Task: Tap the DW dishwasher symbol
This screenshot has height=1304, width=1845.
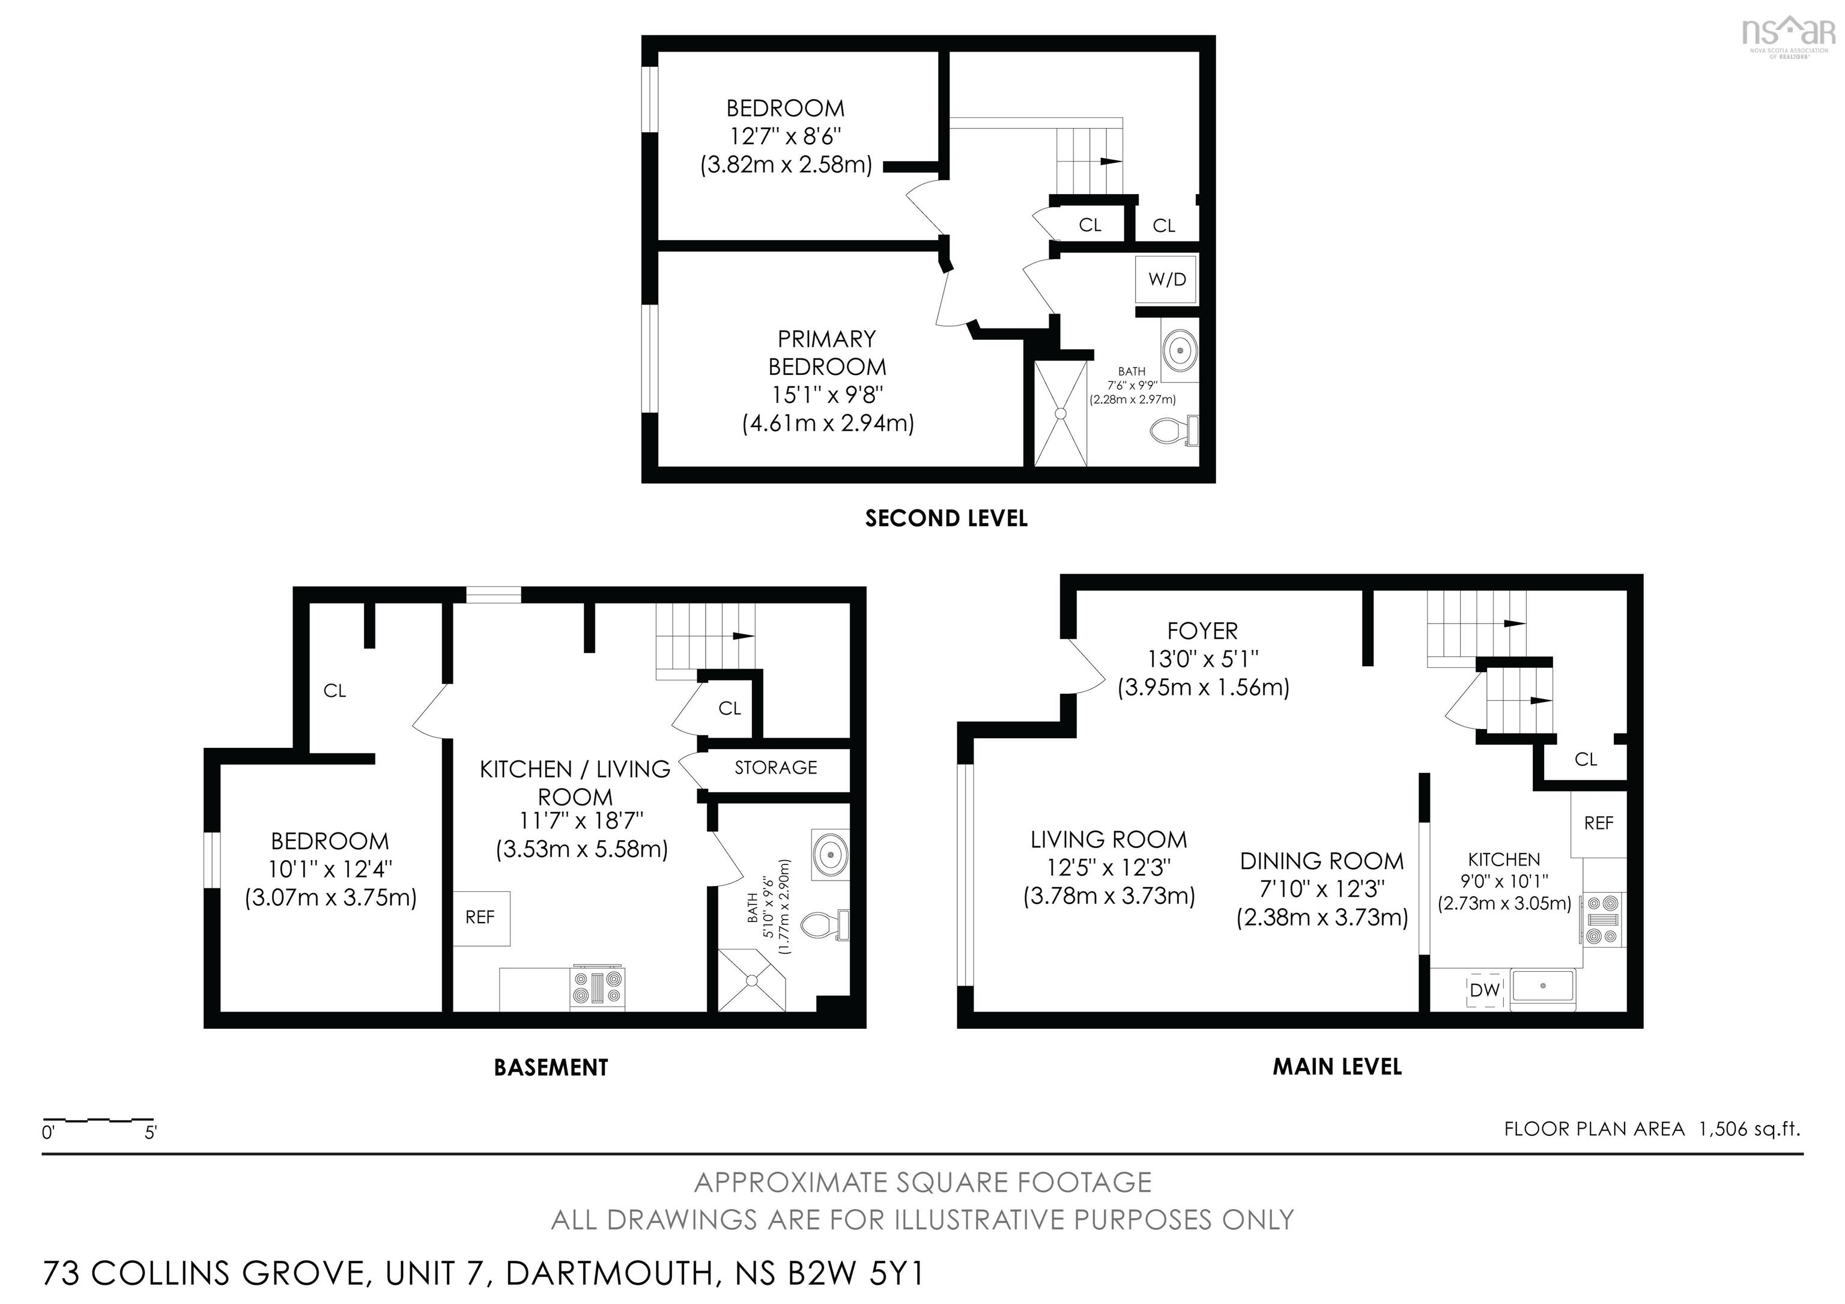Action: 1484,990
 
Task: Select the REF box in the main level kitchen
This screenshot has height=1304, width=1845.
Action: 1598,823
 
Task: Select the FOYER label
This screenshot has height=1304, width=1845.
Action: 1202,631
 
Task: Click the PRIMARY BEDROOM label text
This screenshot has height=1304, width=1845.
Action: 827,353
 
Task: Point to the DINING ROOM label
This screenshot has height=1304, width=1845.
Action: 1322,861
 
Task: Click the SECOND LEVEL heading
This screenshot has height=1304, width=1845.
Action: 946,518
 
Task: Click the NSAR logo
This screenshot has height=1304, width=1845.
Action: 1788,34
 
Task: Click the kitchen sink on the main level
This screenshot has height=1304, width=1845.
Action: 1544,988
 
